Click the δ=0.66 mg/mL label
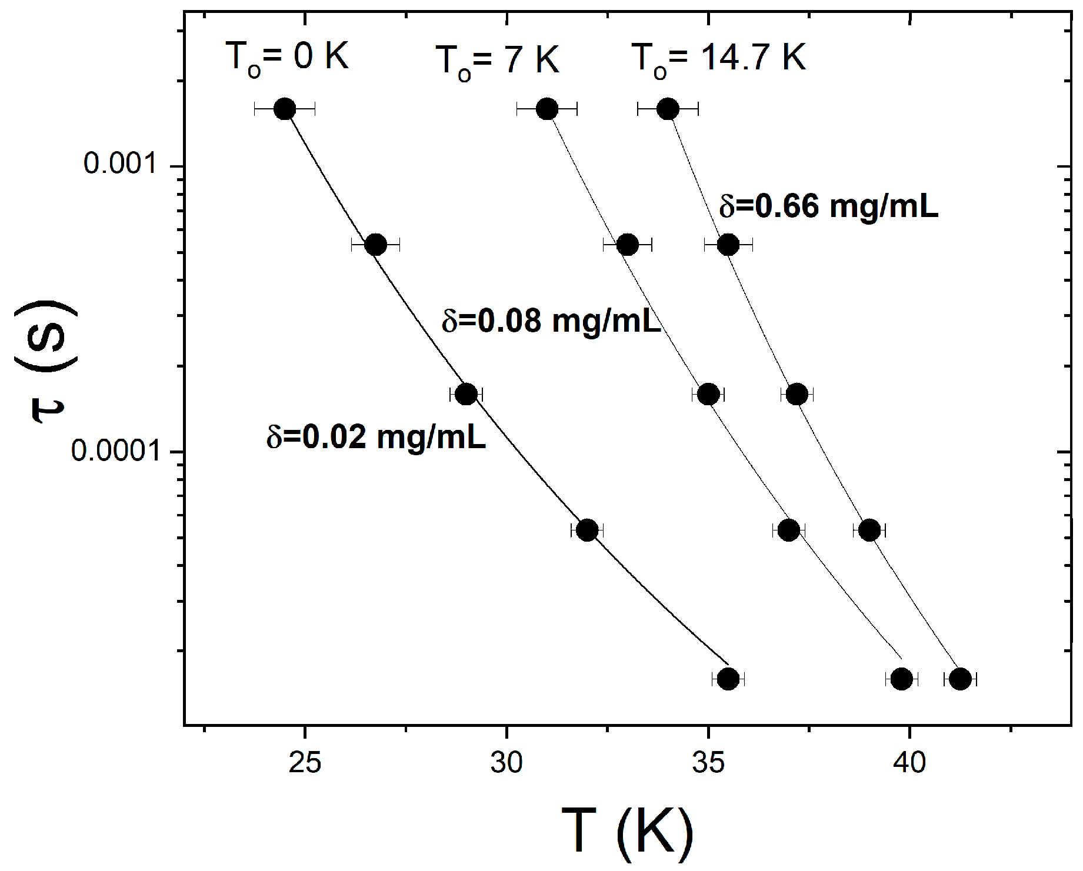828,207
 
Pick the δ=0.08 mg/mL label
551,322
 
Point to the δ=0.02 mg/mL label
376,438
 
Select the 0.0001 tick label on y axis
116,450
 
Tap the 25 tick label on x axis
305,763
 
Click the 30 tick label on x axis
506,763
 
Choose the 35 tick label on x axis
708,763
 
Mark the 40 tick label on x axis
909,763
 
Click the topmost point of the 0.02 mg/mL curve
285,109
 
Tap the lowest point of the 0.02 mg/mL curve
728,679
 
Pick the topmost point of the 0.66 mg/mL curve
668,109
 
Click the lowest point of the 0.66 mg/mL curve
960,679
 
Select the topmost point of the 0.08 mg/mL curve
547,109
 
